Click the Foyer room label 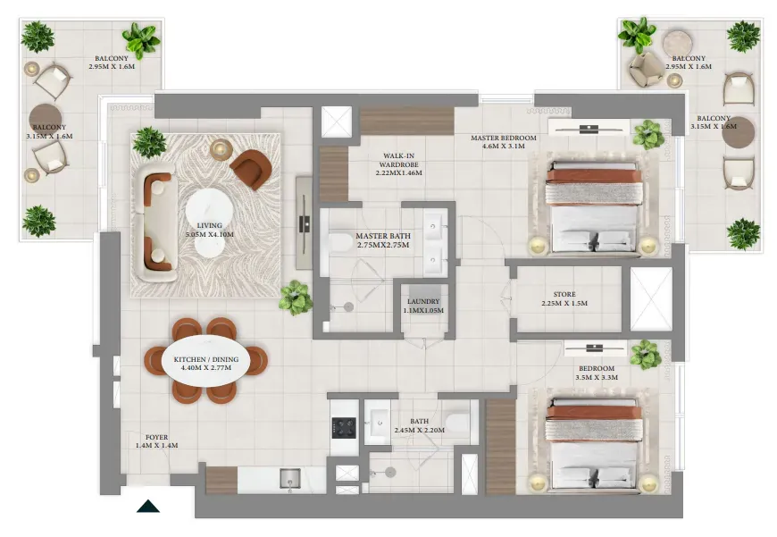click(x=156, y=441)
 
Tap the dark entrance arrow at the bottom click(x=148, y=507)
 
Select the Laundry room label click(x=423, y=306)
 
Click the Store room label click(x=564, y=298)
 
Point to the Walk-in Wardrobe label click(x=399, y=164)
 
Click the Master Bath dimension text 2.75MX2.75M click(x=383, y=245)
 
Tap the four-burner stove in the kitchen click(x=344, y=428)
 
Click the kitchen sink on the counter click(x=290, y=479)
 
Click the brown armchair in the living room click(x=251, y=169)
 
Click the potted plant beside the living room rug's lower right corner click(x=296, y=298)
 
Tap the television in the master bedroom click(x=589, y=129)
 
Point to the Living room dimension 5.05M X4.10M click(x=209, y=234)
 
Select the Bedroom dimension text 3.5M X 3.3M click(x=597, y=377)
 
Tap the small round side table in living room click(x=221, y=149)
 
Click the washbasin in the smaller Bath click(x=378, y=423)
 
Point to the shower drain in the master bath click(x=348, y=307)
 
